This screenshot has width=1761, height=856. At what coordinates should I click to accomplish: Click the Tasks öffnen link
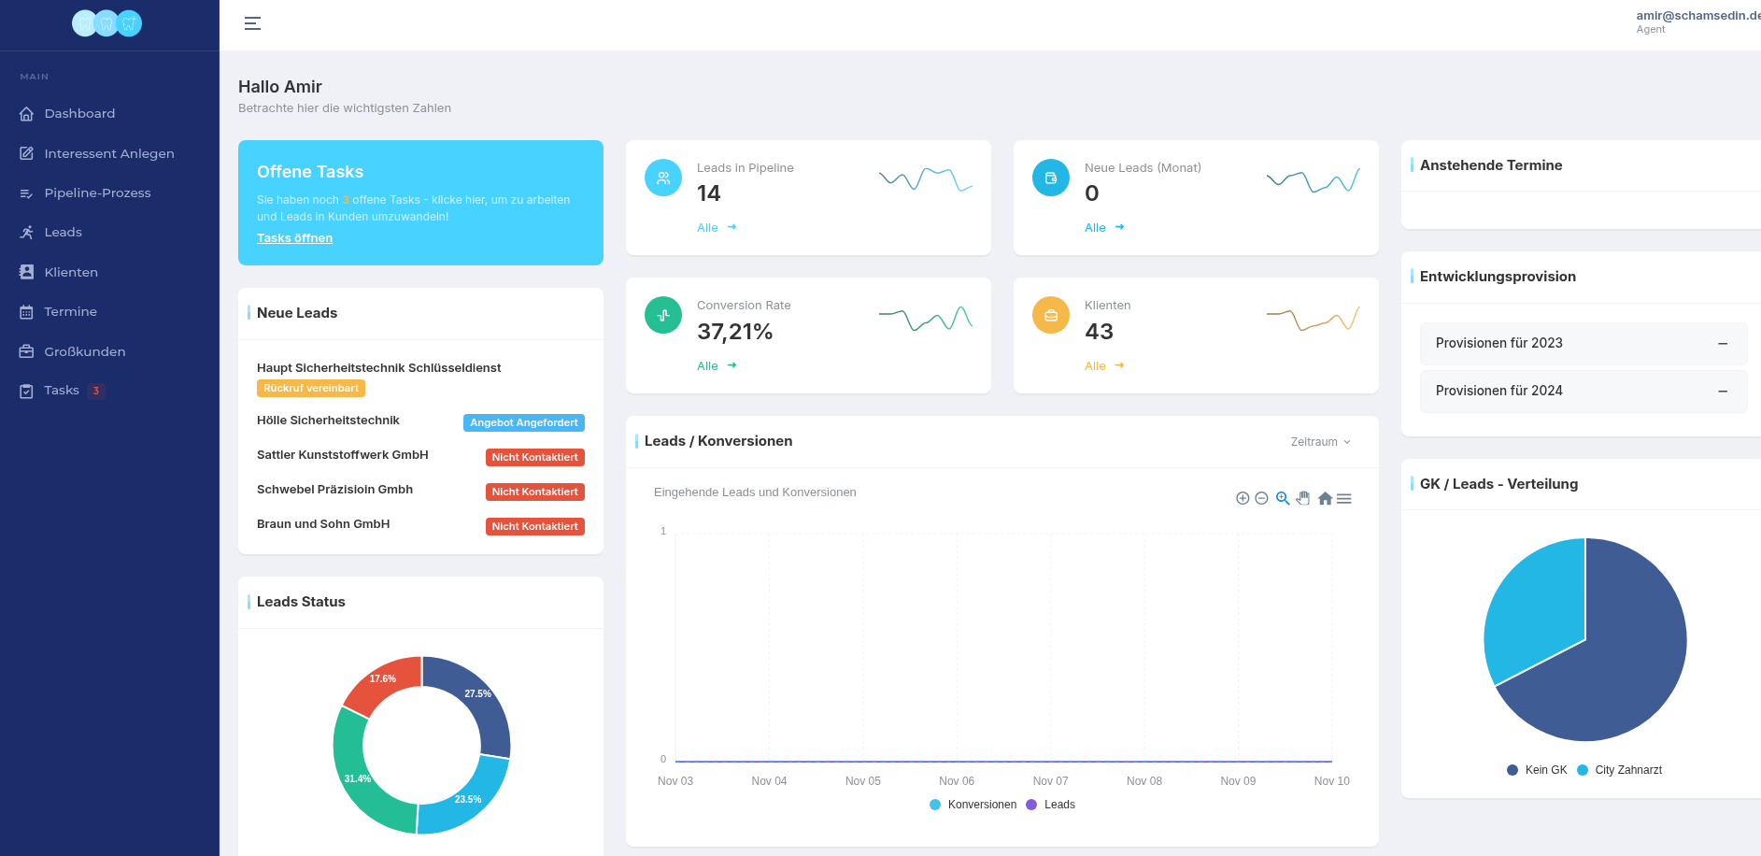(294, 238)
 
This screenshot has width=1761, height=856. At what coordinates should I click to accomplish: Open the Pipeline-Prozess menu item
(97, 193)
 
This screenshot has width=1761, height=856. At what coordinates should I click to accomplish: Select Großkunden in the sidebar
(84, 351)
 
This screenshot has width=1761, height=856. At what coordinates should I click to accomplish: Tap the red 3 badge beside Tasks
(95, 391)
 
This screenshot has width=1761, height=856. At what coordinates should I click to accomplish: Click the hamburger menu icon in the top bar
(252, 23)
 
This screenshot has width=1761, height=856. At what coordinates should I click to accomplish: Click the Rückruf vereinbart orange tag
(310, 389)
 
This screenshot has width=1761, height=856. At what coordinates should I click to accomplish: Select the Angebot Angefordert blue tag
(523, 422)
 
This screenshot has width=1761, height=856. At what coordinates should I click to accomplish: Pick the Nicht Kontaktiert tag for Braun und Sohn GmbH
(534, 526)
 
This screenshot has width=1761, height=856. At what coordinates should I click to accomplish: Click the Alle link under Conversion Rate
(707, 366)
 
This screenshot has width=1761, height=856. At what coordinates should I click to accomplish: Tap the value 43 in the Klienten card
(1099, 332)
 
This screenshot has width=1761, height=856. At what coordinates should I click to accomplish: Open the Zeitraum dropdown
(1320, 442)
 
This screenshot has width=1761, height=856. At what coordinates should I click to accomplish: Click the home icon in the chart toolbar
(1325, 499)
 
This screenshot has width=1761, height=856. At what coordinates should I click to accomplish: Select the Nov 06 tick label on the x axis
(956, 781)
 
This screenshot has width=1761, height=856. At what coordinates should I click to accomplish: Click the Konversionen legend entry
(981, 805)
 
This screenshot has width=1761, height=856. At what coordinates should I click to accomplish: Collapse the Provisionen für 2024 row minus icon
(1722, 391)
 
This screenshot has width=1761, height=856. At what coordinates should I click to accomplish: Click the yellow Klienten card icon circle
(1050, 316)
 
